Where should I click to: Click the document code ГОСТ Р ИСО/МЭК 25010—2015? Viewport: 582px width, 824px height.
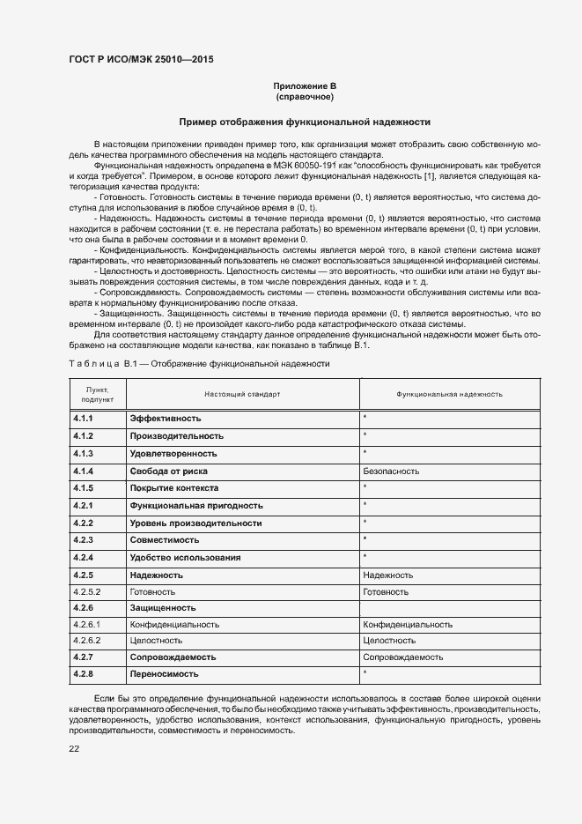140,59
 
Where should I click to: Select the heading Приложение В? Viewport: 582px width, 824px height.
305,85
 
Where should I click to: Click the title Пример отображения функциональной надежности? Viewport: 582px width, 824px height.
305,122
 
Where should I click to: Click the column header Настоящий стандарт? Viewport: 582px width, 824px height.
242,394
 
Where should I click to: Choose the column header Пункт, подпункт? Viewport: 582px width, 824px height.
97,394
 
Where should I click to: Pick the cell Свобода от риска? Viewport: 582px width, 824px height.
172,471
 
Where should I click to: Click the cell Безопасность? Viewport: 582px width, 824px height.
391,471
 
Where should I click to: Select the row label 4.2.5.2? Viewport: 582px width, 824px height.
88,591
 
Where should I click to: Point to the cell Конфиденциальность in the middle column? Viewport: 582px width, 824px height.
174,624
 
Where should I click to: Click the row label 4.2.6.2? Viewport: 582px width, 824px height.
88,641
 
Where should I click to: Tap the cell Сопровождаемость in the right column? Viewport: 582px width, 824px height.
402,657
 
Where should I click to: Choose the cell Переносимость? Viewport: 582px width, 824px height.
164,674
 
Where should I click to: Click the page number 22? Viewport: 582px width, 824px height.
74,748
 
